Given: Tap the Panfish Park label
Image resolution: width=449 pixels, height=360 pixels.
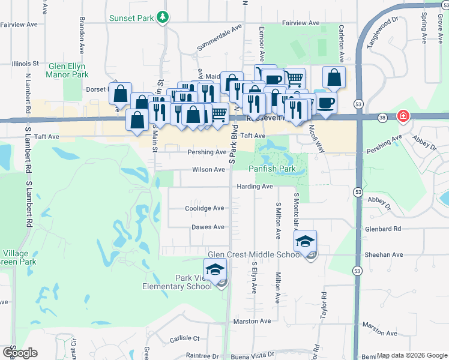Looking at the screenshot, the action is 272,170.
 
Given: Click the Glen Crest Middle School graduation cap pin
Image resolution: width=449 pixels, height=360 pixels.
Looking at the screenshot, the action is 305,241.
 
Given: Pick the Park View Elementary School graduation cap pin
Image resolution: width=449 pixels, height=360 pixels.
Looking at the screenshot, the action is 215,269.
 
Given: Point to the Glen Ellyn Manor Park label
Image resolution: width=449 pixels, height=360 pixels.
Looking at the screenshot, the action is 67,70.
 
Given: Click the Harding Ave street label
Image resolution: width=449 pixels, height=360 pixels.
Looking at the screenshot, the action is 255,187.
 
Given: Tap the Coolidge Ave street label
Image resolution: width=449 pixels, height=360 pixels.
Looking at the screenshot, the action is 204,208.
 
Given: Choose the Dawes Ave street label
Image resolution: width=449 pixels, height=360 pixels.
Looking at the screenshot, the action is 208,227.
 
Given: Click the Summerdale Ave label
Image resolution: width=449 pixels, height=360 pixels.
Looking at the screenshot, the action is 219,38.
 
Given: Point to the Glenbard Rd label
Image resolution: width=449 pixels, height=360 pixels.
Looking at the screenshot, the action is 383,229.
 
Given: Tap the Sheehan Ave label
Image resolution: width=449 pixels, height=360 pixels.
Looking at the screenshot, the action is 381,254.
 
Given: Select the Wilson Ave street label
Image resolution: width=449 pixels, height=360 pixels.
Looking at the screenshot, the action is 208,170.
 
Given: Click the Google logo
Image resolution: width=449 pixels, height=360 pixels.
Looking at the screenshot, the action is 19,352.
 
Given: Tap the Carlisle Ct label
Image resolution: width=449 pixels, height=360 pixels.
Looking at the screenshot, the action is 183,338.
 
